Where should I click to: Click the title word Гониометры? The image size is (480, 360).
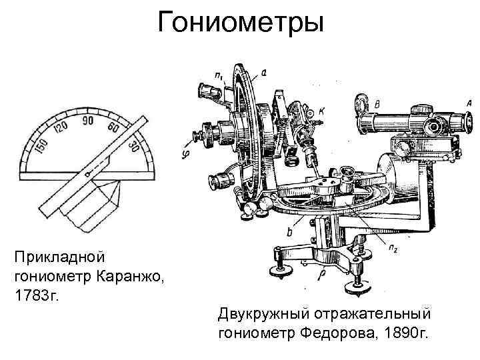coord(240,25)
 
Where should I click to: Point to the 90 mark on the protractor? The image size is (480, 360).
coord(87,121)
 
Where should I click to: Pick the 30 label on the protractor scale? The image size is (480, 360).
coord(134,145)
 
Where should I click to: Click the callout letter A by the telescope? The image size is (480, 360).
coord(469,102)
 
